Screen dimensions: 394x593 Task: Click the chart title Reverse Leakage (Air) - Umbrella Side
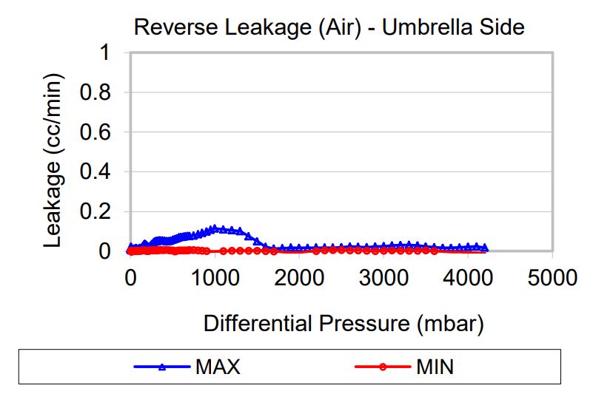[x=329, y=27]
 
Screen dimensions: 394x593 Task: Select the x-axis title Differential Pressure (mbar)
[x=344, y=323]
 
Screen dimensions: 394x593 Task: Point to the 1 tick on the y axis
[x=106, y=53]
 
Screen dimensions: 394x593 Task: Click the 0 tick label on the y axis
[x=106, y=251]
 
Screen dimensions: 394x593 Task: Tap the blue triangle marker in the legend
[x=162, y=367]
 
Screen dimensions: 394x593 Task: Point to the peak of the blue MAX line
[x=215, y=228]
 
